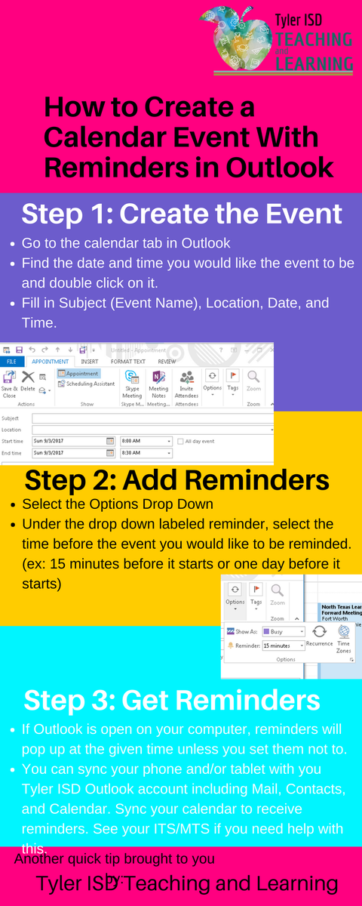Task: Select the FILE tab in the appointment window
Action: pos(11,362)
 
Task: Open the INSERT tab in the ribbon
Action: pos(90,362)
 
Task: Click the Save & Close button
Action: pos(9,384)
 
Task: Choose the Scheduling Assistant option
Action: pos(86,384)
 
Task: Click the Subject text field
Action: pos(151,418)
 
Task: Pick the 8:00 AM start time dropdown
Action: pos(146,441)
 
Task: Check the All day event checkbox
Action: pos(179,441)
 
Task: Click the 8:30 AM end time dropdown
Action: pos(146,453)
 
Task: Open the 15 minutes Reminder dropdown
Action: pos(284,646)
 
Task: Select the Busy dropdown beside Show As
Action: pos(284,631)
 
